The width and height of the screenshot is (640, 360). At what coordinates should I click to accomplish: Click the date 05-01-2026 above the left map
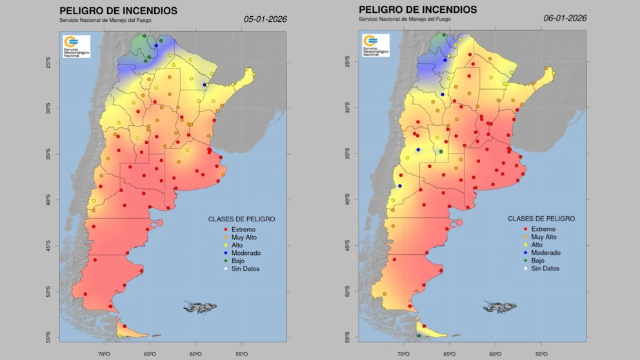click(x=265, y=19)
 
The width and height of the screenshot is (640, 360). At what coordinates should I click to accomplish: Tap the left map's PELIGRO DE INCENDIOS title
click(x=118, y=11)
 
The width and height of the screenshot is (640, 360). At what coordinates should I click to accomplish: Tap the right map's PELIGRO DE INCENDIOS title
click(x=418, y=10)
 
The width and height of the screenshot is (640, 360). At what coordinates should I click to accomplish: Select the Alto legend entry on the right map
click(x=537, y=245)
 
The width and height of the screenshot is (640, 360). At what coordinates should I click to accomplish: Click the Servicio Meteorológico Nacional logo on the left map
click(x=76, y=46)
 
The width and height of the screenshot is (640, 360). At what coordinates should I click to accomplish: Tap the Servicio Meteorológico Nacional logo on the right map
click(x=375, y=45)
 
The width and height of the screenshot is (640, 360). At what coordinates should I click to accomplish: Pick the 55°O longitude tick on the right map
click(x=545, y=354)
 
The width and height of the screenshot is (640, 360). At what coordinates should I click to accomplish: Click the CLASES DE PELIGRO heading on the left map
click(x=241, y=219)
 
